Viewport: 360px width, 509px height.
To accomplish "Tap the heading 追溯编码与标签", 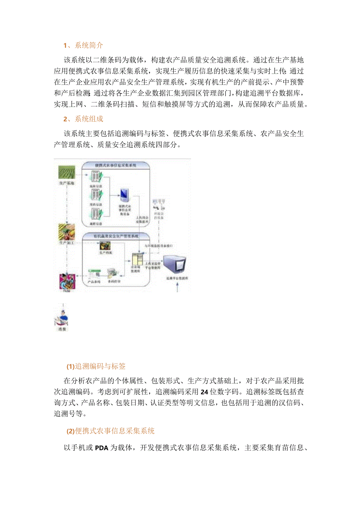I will click(100, 366).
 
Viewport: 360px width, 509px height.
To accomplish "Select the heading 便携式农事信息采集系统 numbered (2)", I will click(115, 431).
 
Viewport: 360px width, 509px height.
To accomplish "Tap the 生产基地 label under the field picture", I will click(67, 183).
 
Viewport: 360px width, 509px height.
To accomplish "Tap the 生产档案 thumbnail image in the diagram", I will click(105, 246).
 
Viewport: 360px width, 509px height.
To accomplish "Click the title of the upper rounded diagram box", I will click(115, 165).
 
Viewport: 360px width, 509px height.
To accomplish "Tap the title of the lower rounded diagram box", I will click(115, 236).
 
